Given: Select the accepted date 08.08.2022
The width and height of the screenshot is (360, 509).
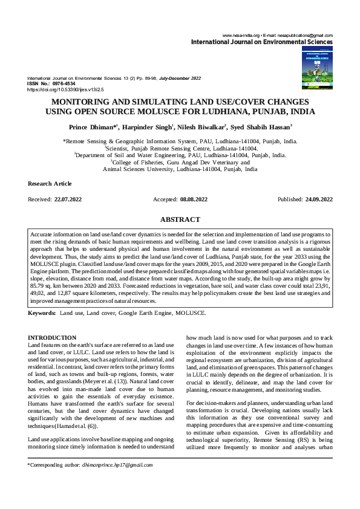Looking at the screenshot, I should [x=194, y=199].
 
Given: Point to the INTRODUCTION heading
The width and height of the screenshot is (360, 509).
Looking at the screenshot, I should [x=53, y=337].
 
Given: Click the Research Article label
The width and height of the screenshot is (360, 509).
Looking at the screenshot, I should [x=50, y=183].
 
